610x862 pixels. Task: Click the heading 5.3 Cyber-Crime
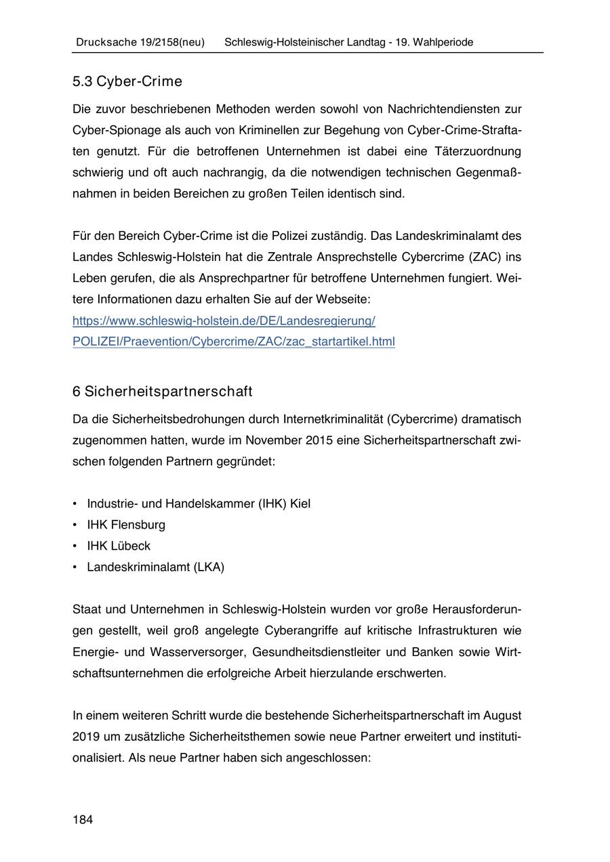point(127,82)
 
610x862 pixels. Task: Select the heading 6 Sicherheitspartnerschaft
point(162,392)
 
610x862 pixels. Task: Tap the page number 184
point(83,820)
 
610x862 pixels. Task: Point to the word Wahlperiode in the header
point(443,42)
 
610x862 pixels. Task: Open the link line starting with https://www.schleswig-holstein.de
point(224,320)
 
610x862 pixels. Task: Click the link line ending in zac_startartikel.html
point(233,342)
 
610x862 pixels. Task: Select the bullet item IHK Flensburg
point(125,525)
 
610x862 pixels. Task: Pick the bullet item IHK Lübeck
point(119,546)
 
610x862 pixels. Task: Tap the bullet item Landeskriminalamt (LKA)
point(155,567)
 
